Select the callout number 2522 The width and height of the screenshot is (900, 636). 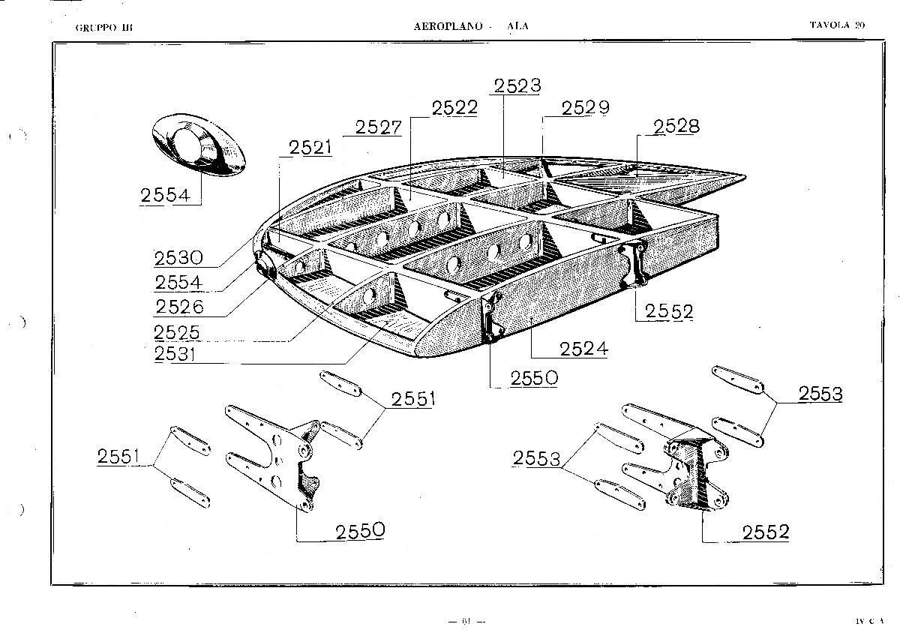click(x=454, y=107)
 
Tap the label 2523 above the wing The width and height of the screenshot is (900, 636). click(x=517, y=85)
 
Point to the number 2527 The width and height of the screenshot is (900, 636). click(x=379, y=127)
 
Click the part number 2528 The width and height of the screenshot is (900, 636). click(x=676, y=126)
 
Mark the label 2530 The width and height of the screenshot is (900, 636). click(x=178, y=258)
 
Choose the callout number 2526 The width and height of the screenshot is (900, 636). click(x=178, y=307)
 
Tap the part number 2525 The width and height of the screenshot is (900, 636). click(x=178, y=331)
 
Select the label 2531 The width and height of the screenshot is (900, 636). click(x=178, y=354)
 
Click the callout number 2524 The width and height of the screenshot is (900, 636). click(x=583, y=349)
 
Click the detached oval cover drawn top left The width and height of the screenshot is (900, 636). click(x=199, y=147)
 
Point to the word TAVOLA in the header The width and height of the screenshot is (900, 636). click(x=829, y=25)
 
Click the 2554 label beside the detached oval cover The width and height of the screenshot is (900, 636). click(x=165, y=195)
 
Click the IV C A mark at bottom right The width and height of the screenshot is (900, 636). click(x=869, y=621)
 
